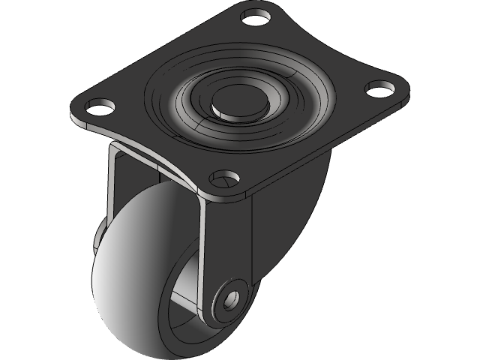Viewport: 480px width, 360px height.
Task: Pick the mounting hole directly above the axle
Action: click(x=224, y=178)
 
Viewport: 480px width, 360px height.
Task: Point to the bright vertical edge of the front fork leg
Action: click(x=202, y=247)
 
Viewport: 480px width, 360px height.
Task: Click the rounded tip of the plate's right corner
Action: click(x=406, y=94)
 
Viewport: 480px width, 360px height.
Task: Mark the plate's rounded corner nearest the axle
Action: click(x=225, y=196)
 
